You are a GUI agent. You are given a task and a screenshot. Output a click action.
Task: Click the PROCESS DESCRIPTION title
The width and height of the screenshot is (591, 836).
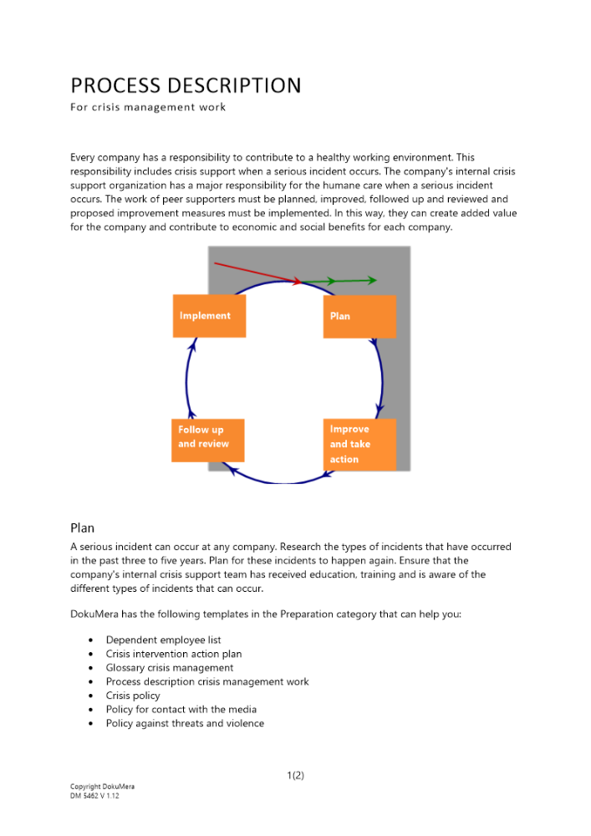click(186, 85)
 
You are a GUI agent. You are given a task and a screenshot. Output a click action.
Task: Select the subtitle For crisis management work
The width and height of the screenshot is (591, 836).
click(148, 107)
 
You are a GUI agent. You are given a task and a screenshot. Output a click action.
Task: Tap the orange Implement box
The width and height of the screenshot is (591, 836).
click(209, 316)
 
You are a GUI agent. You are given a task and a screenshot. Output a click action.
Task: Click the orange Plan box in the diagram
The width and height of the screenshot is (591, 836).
click(359, 316)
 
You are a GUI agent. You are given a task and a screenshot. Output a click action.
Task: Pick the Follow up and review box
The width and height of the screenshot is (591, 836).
click(207, 440)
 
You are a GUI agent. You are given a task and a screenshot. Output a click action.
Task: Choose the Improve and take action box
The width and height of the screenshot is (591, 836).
click(359, 444)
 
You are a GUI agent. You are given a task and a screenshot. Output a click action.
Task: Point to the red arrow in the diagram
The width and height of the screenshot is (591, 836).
click(255, 273)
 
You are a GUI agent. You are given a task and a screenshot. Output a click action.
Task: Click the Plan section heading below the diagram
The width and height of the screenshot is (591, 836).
click(83, 528)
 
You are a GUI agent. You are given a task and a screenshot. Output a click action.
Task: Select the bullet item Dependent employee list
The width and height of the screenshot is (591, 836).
click(163, 640)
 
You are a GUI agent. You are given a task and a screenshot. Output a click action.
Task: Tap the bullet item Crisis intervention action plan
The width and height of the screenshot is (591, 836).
click(173, 654)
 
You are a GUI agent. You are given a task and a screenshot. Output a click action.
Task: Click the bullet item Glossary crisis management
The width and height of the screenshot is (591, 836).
click(169, 668)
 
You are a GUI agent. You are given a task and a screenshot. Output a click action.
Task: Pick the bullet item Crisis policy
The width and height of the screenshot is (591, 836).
click(132, 696)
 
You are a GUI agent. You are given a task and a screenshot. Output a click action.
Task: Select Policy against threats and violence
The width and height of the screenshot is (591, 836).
click(185, 723)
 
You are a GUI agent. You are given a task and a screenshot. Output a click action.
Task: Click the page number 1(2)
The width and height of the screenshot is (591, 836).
click(295, 775)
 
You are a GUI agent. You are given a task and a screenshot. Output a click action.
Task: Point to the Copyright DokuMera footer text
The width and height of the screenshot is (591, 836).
click(102, 787)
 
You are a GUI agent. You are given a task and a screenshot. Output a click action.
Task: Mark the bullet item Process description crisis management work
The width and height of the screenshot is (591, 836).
click(206, 681)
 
